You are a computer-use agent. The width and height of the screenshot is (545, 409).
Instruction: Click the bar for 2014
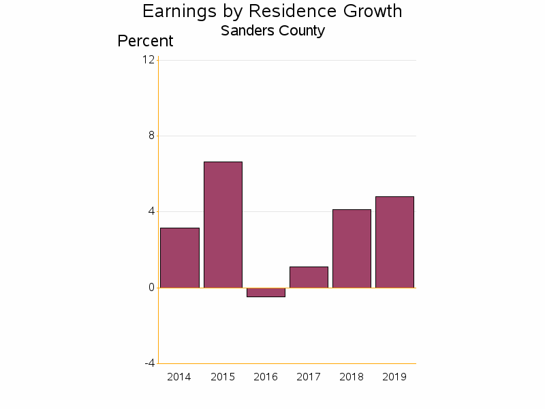tap(180, 258)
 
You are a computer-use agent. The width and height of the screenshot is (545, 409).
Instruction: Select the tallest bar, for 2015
tap(223, 224)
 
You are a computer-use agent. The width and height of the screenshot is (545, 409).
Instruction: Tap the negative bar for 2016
tap(266, 292)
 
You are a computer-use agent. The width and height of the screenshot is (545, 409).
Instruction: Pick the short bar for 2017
tap(309, 277)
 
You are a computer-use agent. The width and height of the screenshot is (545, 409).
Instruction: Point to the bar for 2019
tap(394, 242)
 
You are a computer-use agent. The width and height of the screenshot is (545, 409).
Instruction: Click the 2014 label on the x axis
tap(179, 377)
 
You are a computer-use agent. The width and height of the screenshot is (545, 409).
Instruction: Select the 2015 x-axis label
tap(223, 377)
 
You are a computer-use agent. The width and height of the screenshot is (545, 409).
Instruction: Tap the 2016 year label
tap(266, 377)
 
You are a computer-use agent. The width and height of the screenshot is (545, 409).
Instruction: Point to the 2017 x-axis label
tap(309, 377)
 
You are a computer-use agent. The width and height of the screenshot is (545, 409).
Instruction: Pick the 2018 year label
tap(352, 377)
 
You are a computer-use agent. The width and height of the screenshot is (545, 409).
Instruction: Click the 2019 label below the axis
tap(394, 377)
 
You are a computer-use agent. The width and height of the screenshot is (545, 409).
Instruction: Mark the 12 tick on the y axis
tap(148, 59)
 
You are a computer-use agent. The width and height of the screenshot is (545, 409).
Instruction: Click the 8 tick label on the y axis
tap(151, 136)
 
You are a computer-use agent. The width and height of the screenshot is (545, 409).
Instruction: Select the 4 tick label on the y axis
tap(151, 211)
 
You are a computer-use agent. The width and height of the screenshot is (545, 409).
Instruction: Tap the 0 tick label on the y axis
tap(151, 287)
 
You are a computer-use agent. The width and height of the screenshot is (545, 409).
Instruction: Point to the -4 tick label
tap(149, 363)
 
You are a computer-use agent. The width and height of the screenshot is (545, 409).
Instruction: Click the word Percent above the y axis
tap(145, 41)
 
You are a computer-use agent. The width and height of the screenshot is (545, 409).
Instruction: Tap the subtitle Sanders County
tap(272, 31)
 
